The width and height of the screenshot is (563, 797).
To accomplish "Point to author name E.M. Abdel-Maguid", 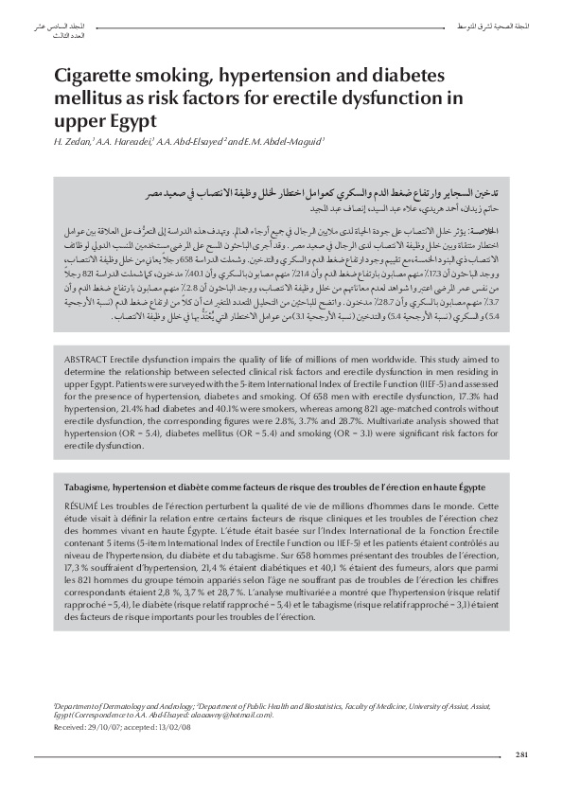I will (x=283, y=142).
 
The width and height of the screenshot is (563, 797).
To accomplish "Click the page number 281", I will (x=521, y=753).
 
